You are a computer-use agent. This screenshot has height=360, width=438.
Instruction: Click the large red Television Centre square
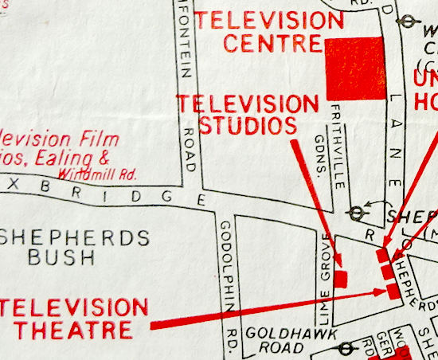click(x=356, y=68)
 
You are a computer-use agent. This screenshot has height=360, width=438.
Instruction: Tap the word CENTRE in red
click(x=272, y=44)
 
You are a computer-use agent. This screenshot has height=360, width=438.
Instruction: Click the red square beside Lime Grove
click(x=341, y=278)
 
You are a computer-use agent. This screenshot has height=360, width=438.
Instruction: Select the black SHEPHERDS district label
click(x=75, y=237)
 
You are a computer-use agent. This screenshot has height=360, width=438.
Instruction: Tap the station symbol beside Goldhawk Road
click(x=347, y=349)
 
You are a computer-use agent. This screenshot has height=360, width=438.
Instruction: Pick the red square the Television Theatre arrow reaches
click(x=393, y=290)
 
